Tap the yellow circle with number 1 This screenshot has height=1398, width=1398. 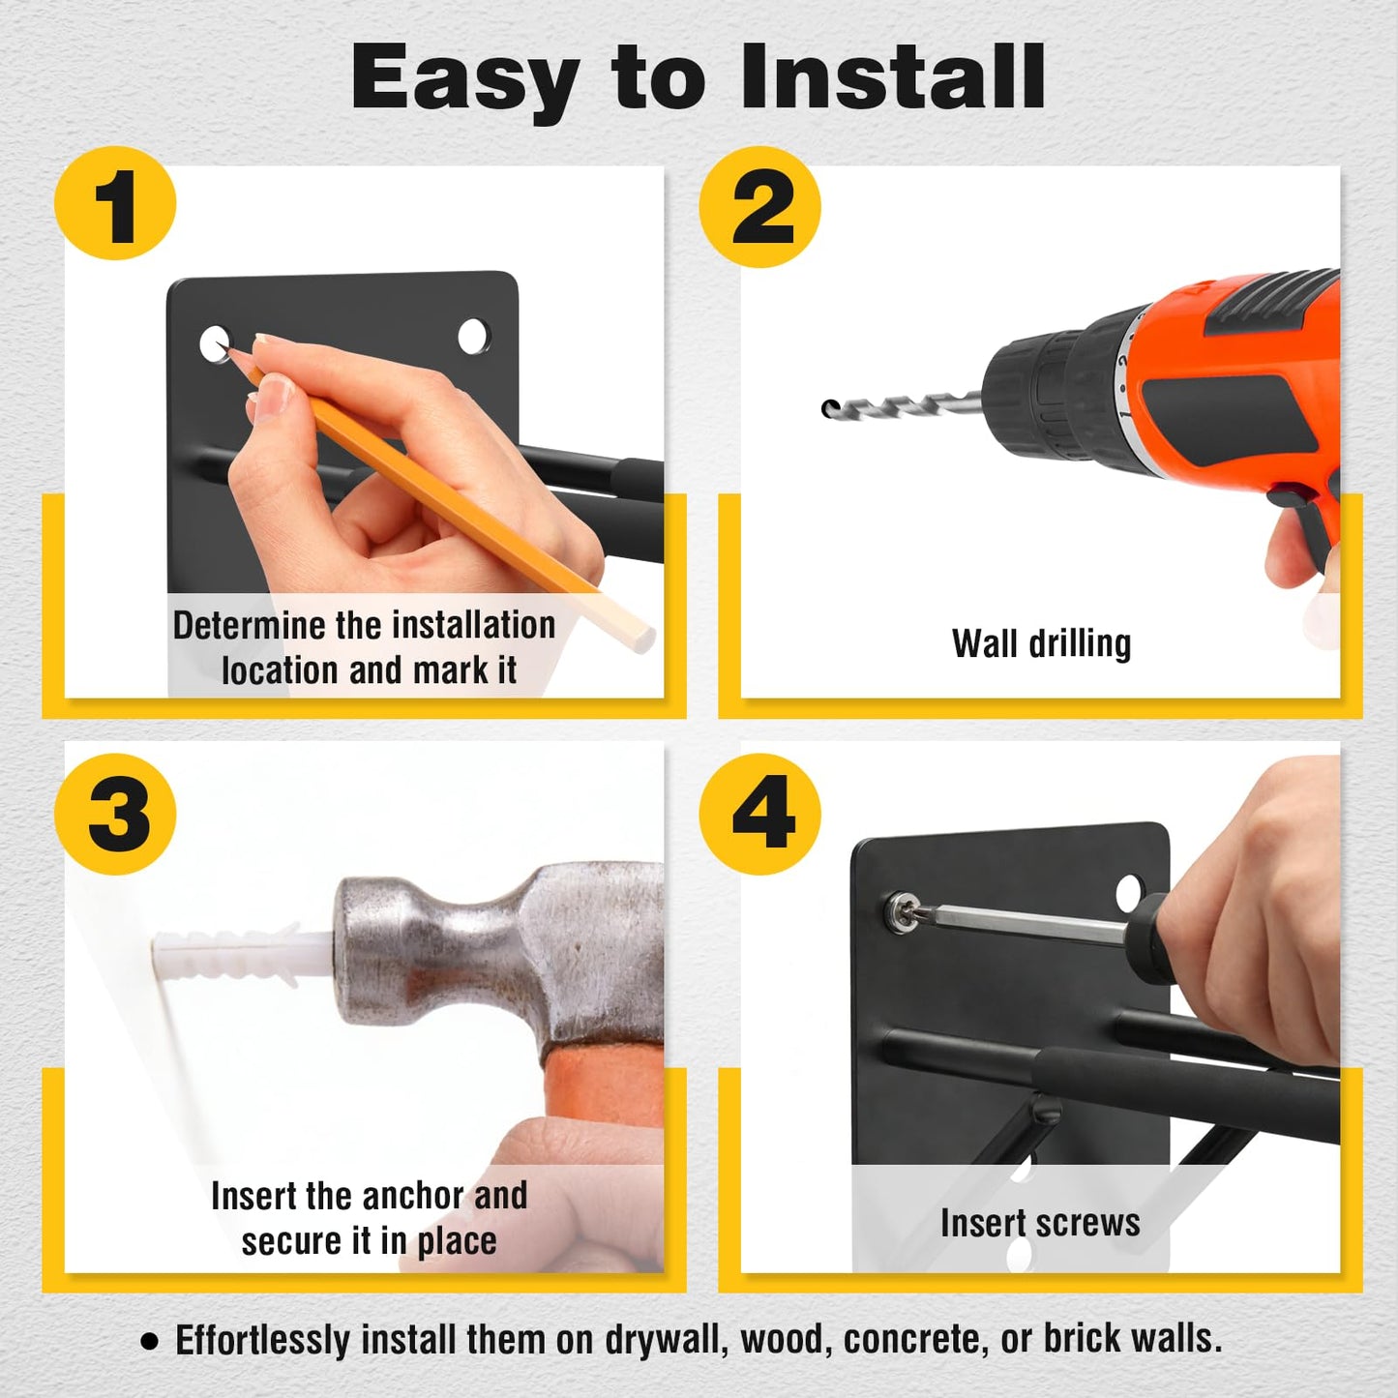pos(115,203)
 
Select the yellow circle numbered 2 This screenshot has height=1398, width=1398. pos(759,206)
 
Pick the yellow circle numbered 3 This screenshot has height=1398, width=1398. pos(115,814)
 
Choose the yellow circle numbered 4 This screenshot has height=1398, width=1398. pos(759,814)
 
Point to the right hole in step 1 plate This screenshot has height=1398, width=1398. pos(474,336)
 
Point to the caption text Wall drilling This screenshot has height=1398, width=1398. pos(1041,643)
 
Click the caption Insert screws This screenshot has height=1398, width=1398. pos(1040,1223)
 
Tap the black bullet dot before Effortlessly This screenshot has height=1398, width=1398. pos(149,1342)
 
